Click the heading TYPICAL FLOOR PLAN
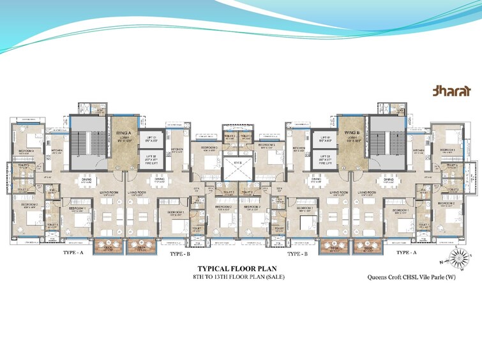point(236,269)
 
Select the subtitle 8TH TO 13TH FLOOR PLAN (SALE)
point(236,278)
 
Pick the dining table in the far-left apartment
point(87,181)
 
